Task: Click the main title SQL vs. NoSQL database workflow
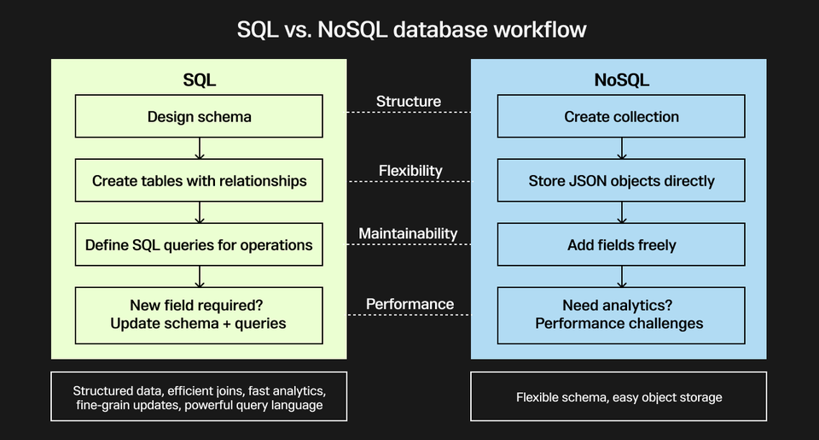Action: coord(410,29)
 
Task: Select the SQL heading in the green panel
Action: coord(199,80)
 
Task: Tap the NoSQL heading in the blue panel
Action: coord(621,80)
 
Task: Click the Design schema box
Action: coord(199,116)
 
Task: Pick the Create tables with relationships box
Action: coord(199,180)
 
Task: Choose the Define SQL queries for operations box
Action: coord(199,244)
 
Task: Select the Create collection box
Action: coord(621,116)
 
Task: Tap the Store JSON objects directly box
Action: coord(621,180)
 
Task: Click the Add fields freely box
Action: coord(621,244)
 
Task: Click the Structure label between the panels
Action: coord(409,102)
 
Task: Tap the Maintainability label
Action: coord(408,233)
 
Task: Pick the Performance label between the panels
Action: coord(409,303)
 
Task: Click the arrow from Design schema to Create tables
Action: coord(199,149)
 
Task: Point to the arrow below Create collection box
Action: coord(621,149)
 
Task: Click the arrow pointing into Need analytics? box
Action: coord(621,277)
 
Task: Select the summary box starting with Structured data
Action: coord(199,396)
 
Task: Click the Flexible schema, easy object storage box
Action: coord(619,396)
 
